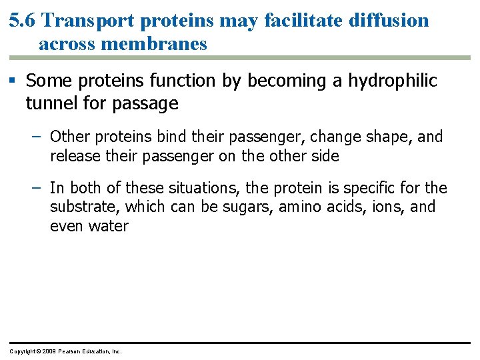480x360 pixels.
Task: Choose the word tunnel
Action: pyautogui.click(x=49, y=103)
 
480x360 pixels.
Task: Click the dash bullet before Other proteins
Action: pyautogui.click(x=39, y=137)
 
